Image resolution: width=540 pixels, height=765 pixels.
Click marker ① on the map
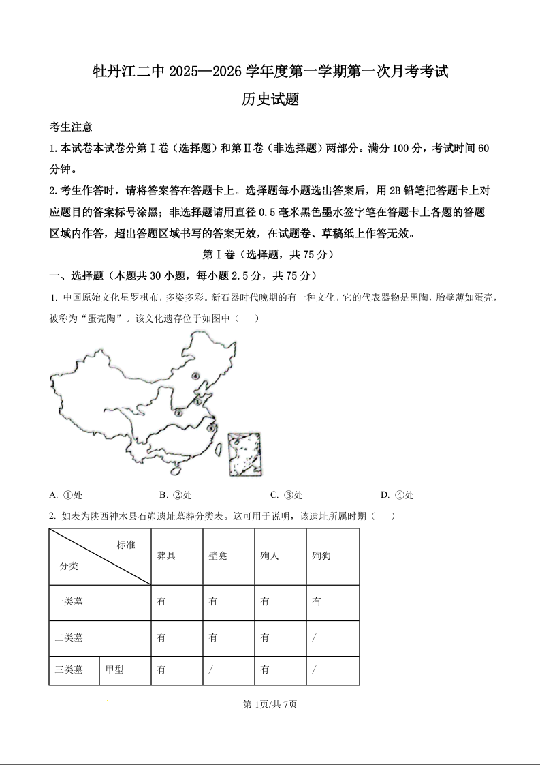(x=197, y=402)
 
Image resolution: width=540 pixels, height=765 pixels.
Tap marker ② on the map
(x=178, y=413)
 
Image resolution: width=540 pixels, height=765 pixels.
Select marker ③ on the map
(x=210, y=428)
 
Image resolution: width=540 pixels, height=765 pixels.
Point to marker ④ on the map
(x=195, y=376)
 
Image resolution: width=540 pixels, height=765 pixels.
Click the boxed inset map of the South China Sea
(x=245, y=453)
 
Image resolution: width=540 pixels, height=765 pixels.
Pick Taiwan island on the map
(x=219, y=448)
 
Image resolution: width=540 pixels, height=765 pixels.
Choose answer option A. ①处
(x=66, y=495)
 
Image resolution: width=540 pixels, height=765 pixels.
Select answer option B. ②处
(x=175, y=495)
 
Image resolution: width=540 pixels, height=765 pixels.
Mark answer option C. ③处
(x=286, y=495)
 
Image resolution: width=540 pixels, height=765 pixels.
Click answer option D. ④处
(x=397, y=495)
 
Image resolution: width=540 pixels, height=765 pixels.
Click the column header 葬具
(x=166, y=556)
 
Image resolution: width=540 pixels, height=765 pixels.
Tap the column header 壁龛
(x=218, y=556)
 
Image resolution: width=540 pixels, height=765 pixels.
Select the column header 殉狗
(x=321, y=556)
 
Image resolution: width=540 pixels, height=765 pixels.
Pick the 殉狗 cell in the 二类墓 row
(x=315, y=638)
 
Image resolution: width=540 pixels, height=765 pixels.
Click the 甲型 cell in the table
(x=114, y=670)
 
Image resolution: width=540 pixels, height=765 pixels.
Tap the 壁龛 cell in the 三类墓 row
(x=212, y=670)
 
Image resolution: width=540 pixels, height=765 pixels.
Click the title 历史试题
(x=270, y=100)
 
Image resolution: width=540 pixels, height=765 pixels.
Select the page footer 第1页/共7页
(x=270, y=704)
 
